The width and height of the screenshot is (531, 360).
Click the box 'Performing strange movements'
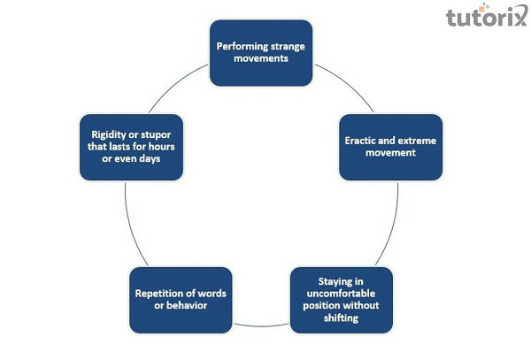(260, 52)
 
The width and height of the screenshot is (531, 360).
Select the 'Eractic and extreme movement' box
(392, 147)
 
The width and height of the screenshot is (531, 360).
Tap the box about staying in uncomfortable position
(341, 299)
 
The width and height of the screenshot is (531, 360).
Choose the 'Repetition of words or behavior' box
(181, 299)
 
